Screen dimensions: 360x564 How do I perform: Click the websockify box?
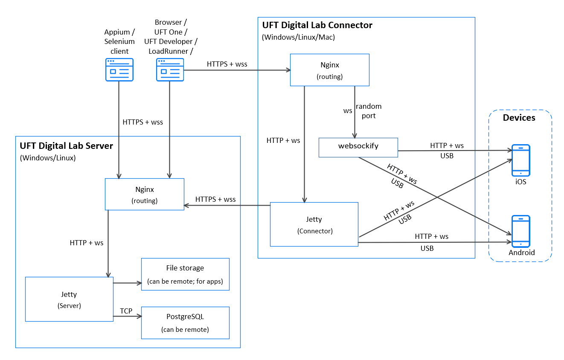pyautogui.click(x=358, y=147)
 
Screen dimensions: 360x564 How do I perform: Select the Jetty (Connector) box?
pyautogui.click(x=314, y=224)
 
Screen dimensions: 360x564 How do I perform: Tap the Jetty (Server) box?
pyautogui.click(x=69, y=299)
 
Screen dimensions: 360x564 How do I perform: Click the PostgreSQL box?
pyautogui.click(x=185, y=323)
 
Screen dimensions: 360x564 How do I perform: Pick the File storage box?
pyautogui.click(x=185, y=274)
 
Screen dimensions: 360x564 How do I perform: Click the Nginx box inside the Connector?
pyautogui.click(x=329, y=70)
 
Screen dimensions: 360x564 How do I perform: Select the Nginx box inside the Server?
pyautogui.click(x=144, y=194)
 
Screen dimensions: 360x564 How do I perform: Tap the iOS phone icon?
pyautogui.click(x=520, y=160)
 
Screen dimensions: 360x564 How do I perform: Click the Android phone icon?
pyautogui.click(x=520, y=231)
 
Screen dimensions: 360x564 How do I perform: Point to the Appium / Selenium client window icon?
pyautogui.click(x=119, y=70)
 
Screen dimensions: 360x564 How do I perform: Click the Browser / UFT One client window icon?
pyautogui.click(x=170, y=70)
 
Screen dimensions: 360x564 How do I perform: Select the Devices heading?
pyautogui.click(x=519, y=118)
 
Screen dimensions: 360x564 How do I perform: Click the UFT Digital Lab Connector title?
pyautogui.click(x=317, y=25)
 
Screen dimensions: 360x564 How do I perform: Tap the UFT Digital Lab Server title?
pyautogui.click(x=66, y=146)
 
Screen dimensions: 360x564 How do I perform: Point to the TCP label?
pyautogui.click(x=126, y=311)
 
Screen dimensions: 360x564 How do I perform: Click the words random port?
pyautogui.click(x=369, y=111)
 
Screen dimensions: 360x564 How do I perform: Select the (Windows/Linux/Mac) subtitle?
pyautogui.click(x=298, y=37)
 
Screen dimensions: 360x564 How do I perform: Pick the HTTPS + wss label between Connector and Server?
pyautogui.click(x=215, y=199)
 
